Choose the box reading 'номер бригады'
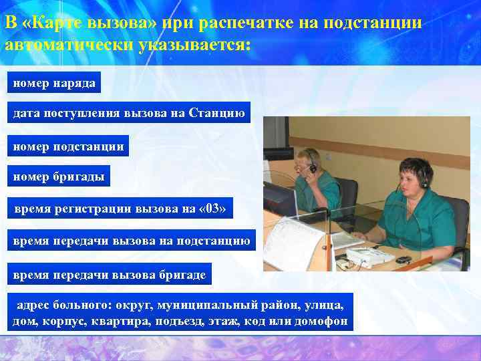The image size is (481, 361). [x=59, y=176]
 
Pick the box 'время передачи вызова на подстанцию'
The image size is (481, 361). [x=132, y=241]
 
